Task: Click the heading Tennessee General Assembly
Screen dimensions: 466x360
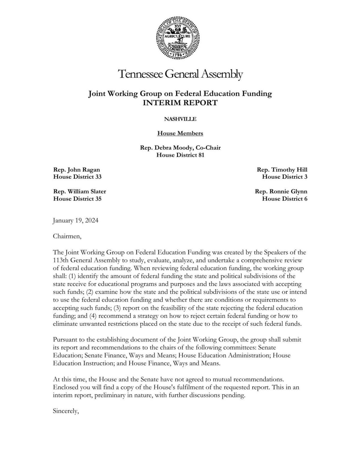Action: tap(180, 74)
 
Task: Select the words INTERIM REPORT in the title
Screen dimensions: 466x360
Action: tap(180, 103)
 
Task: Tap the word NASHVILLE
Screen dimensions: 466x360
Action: tap(180, 119)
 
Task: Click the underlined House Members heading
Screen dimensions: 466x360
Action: tap(180, 133)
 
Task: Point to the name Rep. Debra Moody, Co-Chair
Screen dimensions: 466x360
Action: tap(180, 148)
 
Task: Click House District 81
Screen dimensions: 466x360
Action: tap(180, 155)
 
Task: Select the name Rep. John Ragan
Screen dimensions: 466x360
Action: tap(76, 169)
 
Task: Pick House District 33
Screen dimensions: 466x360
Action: tap(77, 177)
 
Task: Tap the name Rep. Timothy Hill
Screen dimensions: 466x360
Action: tap(282, 169)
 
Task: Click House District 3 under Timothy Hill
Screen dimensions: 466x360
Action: tap(284, 177)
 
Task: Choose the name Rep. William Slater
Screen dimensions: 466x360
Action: tap(79, 191)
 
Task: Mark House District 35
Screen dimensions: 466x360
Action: tap(77, 199)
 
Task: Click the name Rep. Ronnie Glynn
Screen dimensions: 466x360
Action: tap(281, 191)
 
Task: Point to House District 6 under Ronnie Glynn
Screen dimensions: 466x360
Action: tap(284, 199)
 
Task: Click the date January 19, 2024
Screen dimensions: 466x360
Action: tap(76, 221)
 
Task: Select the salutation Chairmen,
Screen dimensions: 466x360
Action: tap(67, 236)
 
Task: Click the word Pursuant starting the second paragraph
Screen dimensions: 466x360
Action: tap(65, 340)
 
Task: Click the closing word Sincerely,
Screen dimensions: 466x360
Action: tap(66, 411)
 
